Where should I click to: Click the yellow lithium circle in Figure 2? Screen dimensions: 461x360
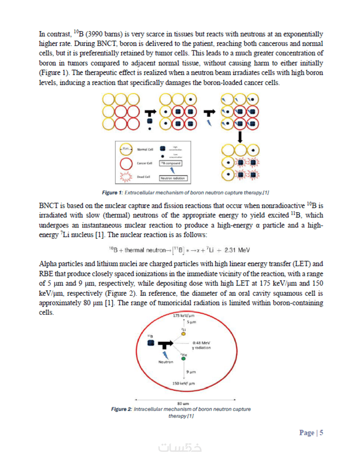(x=184, y=334)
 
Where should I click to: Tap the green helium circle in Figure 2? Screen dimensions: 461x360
(x=184, y=358)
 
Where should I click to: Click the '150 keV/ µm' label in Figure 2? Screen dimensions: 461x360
(x=183, y=384)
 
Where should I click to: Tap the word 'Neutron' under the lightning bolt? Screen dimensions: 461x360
(x=166, y=362)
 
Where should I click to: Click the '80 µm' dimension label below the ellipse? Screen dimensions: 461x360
(x=183, y=403)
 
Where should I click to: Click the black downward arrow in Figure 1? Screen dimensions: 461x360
(x=241, y=136)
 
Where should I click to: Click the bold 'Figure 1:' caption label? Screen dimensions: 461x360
(x=112, y=193)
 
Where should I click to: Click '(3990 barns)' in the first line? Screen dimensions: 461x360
(x=97, y=34)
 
